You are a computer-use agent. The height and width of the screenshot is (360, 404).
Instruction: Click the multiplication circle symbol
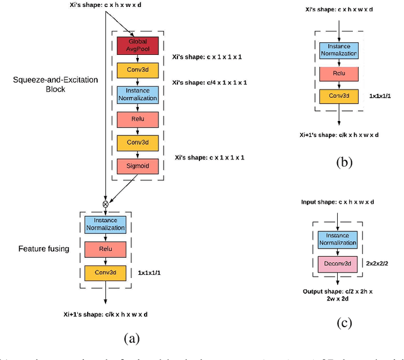click(x=105, y=204)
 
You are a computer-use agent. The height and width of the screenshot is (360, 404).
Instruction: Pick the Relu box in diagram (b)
click(x=340, y=74)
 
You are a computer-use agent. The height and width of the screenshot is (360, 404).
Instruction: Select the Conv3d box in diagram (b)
click(x=340, y=96)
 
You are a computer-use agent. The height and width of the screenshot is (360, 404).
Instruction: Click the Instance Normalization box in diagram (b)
click(x=340, y=50)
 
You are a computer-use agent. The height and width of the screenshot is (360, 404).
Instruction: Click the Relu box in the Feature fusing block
click(x=105, y=249)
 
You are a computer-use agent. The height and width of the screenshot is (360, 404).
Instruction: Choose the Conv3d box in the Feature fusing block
click(x=105, y=273)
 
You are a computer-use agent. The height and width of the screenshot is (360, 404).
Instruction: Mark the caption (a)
click(x=131, y=339)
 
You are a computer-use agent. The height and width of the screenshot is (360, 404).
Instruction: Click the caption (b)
click(x=342, y=161)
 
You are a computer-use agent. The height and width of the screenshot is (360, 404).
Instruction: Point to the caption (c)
click(x=342, y=323)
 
